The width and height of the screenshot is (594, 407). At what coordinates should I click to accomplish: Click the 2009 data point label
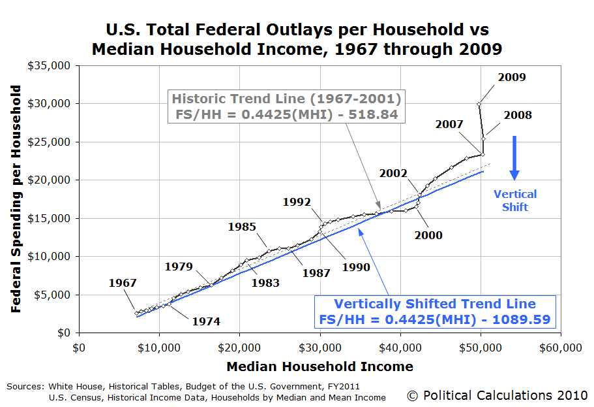pyautogui.click(x=511, y=77)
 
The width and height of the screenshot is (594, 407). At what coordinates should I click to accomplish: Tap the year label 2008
pyautogui.click(x=518, y=116)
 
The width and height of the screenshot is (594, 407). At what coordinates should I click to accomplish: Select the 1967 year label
pyautogui.click(x=123, y=283)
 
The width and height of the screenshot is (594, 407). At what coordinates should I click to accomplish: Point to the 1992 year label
pyautogui.click(x=297, y=202)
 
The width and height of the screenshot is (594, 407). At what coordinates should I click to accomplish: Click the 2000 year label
pyautogui.click(x=428, y=235)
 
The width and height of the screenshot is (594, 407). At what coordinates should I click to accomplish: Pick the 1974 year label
pyautogui.click(x=206, y=321)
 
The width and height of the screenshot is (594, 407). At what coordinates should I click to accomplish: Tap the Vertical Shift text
pyautogui.click(x=515, y=201)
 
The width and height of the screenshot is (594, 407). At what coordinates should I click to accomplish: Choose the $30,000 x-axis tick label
pyautogui.click(x=320, y=348)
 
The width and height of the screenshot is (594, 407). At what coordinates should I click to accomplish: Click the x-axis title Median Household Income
pyautogui.click(x=319, y=366)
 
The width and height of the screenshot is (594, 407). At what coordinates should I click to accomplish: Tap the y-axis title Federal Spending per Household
pyautogui.click(x=16, y=199)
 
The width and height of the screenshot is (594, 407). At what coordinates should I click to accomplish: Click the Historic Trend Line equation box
pyautogui.click(x=286, y=106)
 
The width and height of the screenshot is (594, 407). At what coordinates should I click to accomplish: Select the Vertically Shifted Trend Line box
pyautogui.click(x=435, y=312)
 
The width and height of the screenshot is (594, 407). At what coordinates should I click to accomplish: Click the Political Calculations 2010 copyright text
pyautogui.click(x=497, y=395)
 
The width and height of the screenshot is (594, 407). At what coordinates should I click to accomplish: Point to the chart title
pyautogui.click(x=297, y=39)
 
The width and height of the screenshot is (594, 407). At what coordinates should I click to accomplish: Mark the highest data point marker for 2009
pyautogui.click(x=479, y=104)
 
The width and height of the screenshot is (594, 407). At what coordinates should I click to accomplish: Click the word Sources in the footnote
pyautogui.click(x=25, y=387)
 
